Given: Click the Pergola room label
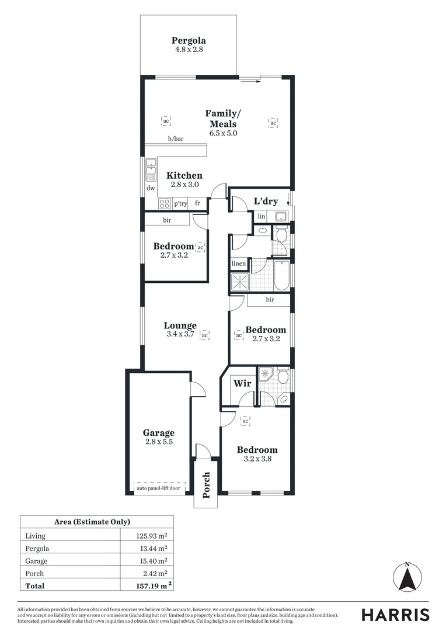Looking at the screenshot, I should pyautogui.click(x=189, y=41).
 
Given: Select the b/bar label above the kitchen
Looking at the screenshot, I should pyautogui.click(x=176, y=139).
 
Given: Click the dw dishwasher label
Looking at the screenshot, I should pyautogui.click(x=151, y=188).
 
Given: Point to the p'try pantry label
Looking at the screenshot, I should pyautogui.click(x=180, y=203).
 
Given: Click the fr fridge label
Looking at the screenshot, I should pyautogui.click(x=198, y=203).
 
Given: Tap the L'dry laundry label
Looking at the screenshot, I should pyautogui.click(x=265, y=202).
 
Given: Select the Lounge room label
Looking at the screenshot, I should pyautogui.click(x=180, y=326).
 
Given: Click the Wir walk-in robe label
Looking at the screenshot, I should pyautogui.click(x=242, y=384).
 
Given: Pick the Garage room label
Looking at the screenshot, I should pyautogui.click(x=159, y=433).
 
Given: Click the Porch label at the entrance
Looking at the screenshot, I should pyautogui.click(x=206, y=486).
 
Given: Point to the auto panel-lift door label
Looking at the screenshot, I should pyautogui.click(x=159, y=488).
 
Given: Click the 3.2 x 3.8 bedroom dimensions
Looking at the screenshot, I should pyautogui.click(x=257, y=459).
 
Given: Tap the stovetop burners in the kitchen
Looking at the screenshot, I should pyautogui.click(x=165, y=203).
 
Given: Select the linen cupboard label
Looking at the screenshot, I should pyautogui.click(x=239, y=264).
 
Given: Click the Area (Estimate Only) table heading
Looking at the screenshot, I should pyautogui.click(x=96, y=522).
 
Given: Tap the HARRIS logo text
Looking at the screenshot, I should pyautogui.click(x=395, y=615).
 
